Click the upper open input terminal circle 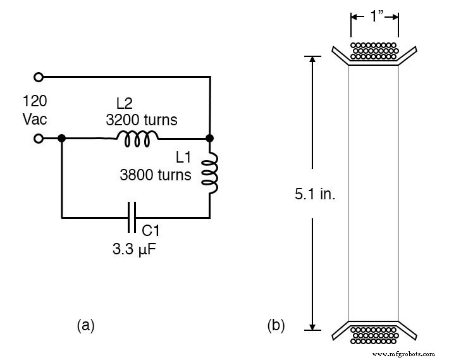[39, 77]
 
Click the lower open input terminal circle [39, 138]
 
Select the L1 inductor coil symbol [209, 173]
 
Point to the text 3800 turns [155, 175]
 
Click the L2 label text [125, 103]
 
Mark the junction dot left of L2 [61, 138]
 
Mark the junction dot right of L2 [209, 138]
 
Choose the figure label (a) [86, 325]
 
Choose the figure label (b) [276, 325]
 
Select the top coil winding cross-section [374, 51]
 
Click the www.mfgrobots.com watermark [405, 354]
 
